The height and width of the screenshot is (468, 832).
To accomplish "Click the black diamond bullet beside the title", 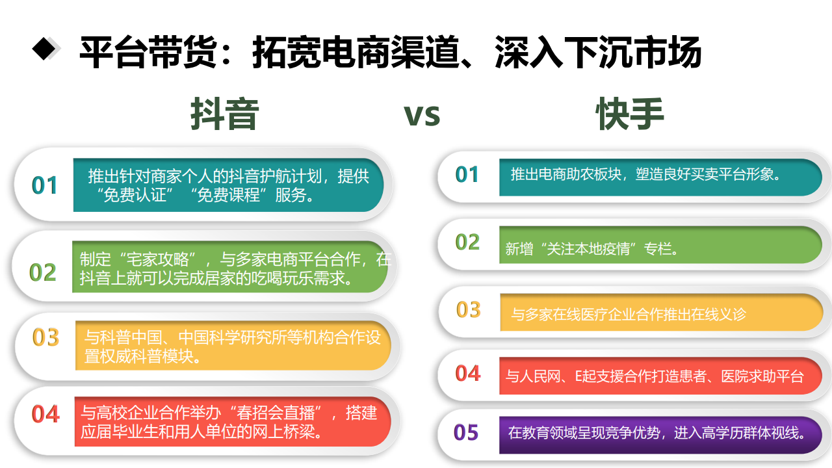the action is (x=45, y=48).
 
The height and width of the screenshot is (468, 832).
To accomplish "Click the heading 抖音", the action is (x=225, y=114).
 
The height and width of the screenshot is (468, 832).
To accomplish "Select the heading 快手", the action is (x=630, y=114).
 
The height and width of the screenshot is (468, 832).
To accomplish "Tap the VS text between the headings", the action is (x=422, y=116).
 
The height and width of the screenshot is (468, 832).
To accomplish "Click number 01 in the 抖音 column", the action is (x=45, y=185).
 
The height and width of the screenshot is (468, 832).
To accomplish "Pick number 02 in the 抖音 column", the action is (x=43, y=272).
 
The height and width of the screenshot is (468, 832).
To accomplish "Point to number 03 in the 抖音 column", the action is (x=45, y=337).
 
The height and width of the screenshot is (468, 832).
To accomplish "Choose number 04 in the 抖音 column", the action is (x=45, y=414).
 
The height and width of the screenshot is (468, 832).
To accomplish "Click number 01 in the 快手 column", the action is (x=467, y=175).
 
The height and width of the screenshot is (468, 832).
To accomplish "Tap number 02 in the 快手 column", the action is (x=467, y=242).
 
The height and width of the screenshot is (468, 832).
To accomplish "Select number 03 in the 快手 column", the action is (x=469, y=310).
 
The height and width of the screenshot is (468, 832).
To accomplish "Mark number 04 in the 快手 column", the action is (x=468, y=373).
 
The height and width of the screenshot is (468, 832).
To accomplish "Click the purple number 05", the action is (x=466, y=432).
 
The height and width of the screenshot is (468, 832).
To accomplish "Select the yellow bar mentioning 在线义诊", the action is (x=662, y=313).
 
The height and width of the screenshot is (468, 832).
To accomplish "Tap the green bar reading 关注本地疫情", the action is (x=660, y=245).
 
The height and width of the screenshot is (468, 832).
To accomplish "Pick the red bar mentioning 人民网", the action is (x=660, y=376).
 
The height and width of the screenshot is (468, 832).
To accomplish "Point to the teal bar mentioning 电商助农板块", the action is (x=660, y=177).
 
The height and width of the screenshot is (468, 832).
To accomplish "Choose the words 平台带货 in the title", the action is (x=148, y=52).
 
